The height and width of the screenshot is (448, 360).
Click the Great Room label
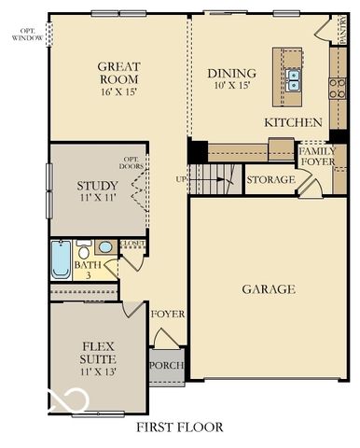118,73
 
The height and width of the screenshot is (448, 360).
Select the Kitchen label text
293,122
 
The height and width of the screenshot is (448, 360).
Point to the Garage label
269,289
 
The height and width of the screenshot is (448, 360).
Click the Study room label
97,186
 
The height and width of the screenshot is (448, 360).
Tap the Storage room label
271,179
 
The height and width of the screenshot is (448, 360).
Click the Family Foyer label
317,156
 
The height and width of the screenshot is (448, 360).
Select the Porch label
167,365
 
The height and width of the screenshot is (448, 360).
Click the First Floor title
180,427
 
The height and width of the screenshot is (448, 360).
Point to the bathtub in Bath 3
61,259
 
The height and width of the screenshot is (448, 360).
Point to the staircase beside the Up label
214,177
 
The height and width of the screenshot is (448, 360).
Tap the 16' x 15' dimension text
118,93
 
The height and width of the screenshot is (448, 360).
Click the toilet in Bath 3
84,252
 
